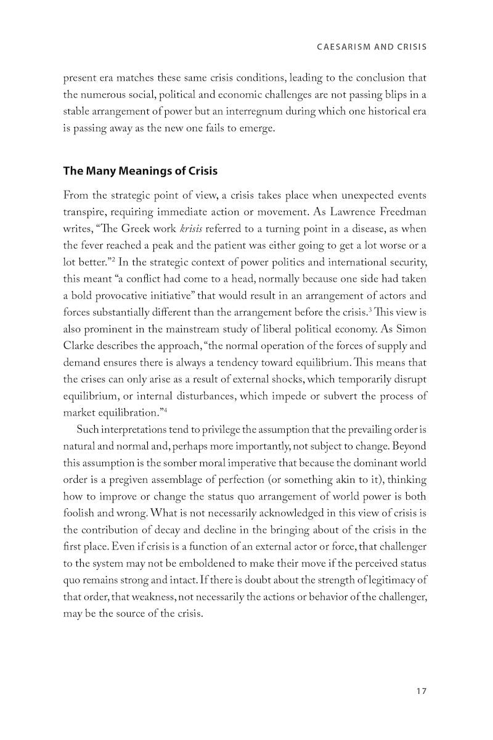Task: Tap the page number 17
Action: pyautogui.click(x=422, y=691)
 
